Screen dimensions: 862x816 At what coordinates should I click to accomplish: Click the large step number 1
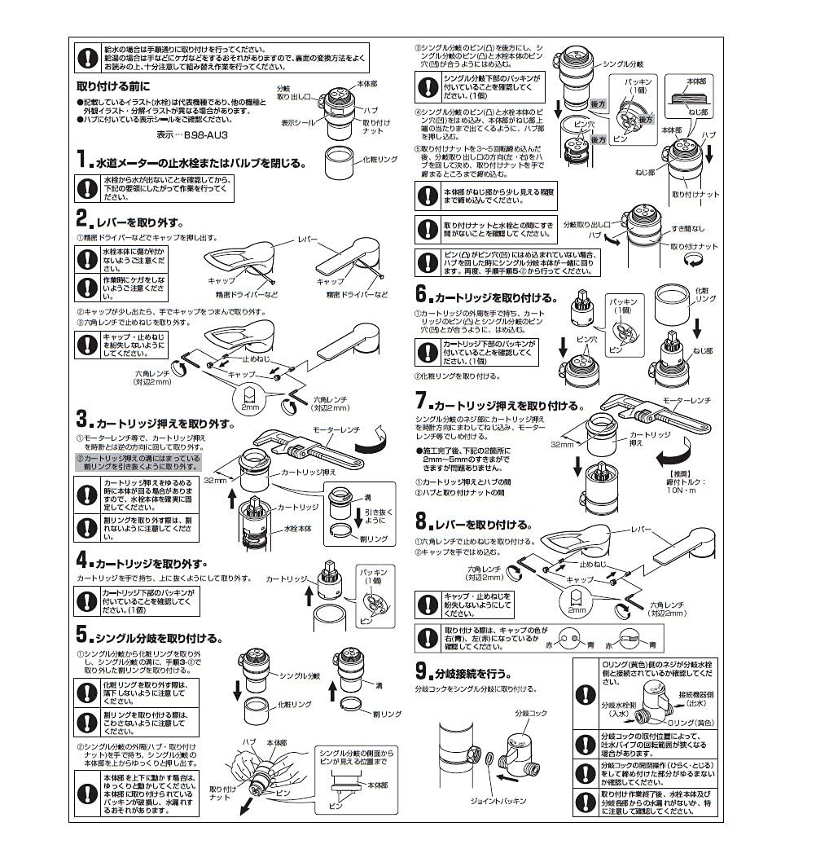(x=83, y=160)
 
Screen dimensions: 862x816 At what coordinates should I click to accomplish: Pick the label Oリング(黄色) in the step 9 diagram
(x=691, y=722)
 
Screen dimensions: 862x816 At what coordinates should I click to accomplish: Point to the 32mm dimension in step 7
(x=562, y=444)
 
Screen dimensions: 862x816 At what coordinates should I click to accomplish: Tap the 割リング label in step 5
(x=385, y=714)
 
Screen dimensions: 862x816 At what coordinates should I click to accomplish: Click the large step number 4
(x=83, y=561)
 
